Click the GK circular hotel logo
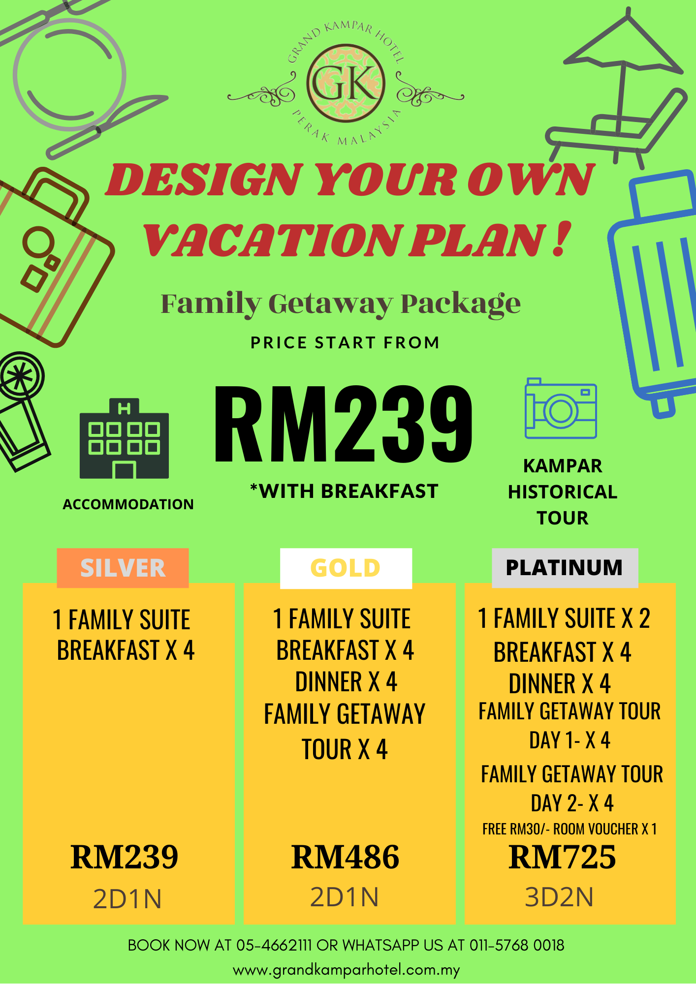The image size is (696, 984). [x=346, y=83]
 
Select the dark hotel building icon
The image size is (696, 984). [x=124, y=438]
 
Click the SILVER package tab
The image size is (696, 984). [x=123, y=568]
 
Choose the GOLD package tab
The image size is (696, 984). [x=346, y=568]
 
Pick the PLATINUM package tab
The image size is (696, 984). [x=565, y=568]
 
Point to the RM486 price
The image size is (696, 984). [x=345, y=857]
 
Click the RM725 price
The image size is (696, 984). [x=562, y=857]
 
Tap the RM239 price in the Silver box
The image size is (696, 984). [x=124, y=857]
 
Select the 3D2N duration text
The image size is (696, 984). [x=559, y=897]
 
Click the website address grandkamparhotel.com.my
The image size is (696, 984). [x=346, y=970]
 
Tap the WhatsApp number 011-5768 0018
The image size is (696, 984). [x=517, y=945]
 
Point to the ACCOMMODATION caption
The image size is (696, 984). [x=128, y=504]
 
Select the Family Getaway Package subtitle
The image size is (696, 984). [x=341, y=304]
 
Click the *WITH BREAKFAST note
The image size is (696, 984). [x=344, y=491]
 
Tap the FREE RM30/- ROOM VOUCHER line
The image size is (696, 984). [x=569, y=829]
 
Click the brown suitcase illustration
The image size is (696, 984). [x=52, y=256]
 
